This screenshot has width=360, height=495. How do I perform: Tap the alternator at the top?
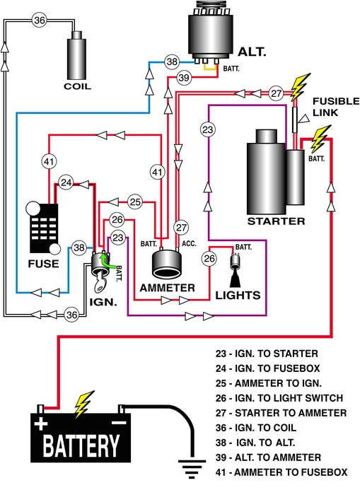pyautogui.click(x=211, y=35)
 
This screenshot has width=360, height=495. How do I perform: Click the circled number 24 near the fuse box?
pyautogui.click(x=66, y=182)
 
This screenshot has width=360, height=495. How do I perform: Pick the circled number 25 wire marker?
pyautogui.click(x=135, y=202)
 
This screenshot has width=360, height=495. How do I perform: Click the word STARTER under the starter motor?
pyautogui.click(x=276, y=221)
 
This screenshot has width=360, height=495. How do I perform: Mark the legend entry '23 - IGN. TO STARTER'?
pyautogui.click(x=267, y=354)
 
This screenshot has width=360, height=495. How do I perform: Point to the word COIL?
pyautogui.click(x=77, y=88)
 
